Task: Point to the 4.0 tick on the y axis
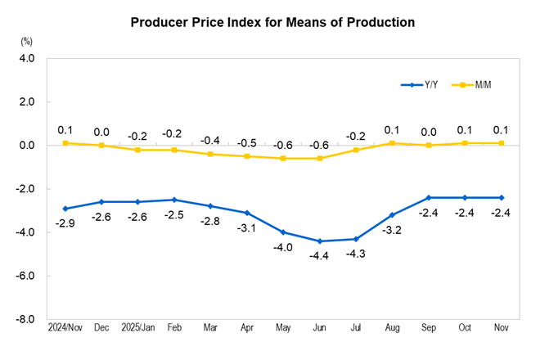tap(26, 59)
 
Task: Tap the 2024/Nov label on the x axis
tap(65, 328)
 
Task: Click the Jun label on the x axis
tap(319, 328)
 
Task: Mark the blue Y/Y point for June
tap(319, 241)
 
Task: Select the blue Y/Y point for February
tap(174, 200)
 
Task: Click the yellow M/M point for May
tap(283, 158)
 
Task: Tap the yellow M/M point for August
tap(392, 143)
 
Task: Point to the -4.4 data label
tap(319, 257)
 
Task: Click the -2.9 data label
tap(65, 223)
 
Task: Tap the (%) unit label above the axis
tap(26, 41)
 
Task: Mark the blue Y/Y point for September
tap(428, 197)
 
